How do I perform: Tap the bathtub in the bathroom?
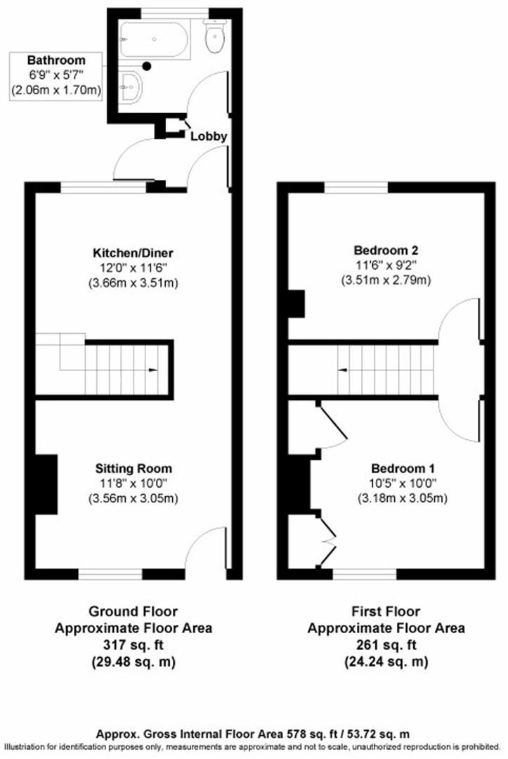[x=154, y=39]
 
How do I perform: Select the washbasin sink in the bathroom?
[x=130, y=87]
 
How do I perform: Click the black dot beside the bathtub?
[x=147, y=65]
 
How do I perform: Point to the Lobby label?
[x=209, y=136]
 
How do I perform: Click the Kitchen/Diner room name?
[x=133, y=253]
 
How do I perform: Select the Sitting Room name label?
[x=133, y=468]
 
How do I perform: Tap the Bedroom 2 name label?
[x=386, y=250]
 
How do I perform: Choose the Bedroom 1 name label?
[x=403, y=468]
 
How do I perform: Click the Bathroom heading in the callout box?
[x=56, y=60]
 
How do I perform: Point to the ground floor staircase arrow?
[x=152, y=370]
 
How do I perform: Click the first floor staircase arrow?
[x=343, y=370]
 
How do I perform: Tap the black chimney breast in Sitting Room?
[x=46, y=484]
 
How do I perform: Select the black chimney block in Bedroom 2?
[x=297, y=304]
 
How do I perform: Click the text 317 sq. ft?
[x=133, y=644]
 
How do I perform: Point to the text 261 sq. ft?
[x=386, y=644]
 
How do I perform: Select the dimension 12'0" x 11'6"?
[x=133, y=268]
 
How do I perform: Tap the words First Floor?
[x=386, y=611]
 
